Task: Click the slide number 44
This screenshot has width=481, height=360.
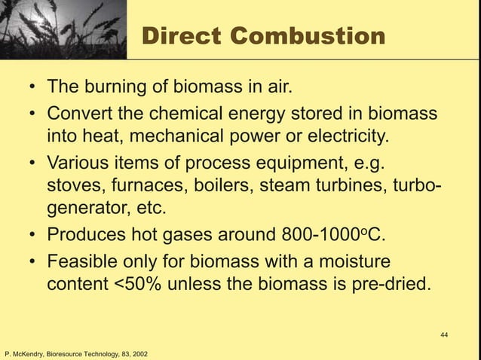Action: coord(444,334)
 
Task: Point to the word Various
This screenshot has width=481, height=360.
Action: coord(78,163)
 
